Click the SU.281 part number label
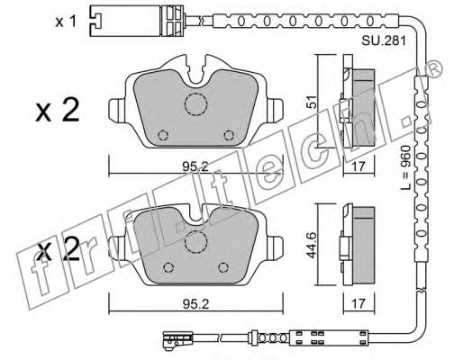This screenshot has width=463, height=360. [x=384, y=40]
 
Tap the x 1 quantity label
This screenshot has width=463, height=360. [x=66, y=22]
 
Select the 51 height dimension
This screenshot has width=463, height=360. [x=313, y=102]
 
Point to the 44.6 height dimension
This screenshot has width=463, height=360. [x=313, y=245]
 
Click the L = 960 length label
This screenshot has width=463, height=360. [x=405, y=167]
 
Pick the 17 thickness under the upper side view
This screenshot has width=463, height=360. [x=359, y=166]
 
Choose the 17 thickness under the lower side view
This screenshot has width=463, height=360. [x=359, y=303]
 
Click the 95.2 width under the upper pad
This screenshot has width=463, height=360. [x=195, y=166]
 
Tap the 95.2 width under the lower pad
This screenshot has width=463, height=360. [x=195, y=304]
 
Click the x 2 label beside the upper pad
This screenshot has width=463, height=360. [x=58, y=111]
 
